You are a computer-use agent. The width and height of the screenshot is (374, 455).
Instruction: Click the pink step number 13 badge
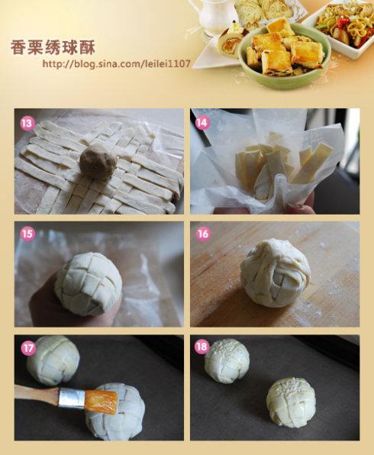coord(27,124)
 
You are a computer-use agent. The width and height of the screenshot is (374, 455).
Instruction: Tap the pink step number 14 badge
coord(202,123)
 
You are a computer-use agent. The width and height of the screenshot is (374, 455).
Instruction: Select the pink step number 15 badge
coord(27,234)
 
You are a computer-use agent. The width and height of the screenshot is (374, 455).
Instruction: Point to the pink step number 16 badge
coord(203,234)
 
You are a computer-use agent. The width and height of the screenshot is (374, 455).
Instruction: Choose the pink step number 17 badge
coord(28,348)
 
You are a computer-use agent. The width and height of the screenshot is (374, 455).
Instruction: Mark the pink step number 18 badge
coord(202,347)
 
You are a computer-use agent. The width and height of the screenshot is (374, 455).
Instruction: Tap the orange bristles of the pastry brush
coord(102,401)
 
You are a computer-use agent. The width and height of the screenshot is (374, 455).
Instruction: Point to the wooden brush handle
coord(37,392)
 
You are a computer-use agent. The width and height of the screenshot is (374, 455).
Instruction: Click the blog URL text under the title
coord(116,63)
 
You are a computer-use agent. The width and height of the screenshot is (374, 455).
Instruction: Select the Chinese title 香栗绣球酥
coord(53,47)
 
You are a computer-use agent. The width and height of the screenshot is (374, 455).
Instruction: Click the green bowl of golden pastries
coord(285,55)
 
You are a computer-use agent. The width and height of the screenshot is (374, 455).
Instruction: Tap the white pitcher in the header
coord(215,15)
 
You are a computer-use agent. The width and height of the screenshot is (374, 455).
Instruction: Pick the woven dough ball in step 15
coord(88,283)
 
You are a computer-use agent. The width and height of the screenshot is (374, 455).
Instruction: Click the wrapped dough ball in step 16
coord(275,273)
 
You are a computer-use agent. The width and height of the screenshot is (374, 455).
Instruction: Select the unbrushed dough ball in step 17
coord(53,360)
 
